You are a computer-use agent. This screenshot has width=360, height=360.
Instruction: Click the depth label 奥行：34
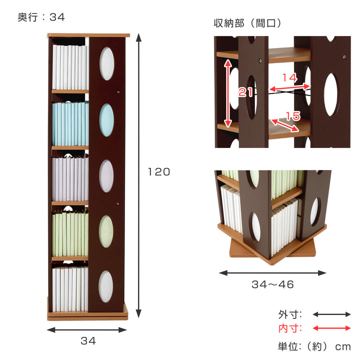point(41,17)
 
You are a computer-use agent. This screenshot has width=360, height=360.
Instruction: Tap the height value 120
point(159,172)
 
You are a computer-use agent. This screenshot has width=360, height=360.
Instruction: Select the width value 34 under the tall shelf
point(87,341)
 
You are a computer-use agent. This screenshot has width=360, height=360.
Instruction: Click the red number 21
point(245,92)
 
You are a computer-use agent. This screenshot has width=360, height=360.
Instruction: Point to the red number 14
point(289,77)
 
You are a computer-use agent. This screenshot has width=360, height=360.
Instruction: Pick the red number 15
point(292,116)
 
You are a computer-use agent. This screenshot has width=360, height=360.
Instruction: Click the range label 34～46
point(272,285)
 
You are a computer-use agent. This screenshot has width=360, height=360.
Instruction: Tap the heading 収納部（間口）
point(248,23)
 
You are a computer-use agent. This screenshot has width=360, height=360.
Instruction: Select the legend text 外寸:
point(290,314)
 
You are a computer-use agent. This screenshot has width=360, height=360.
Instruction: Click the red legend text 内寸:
point(290,328)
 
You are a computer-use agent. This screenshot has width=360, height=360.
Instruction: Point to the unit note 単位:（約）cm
point(314,346)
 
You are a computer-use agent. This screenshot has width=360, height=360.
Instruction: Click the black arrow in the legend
point(332,314)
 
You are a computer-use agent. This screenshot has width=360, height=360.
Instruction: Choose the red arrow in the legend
point(332,328)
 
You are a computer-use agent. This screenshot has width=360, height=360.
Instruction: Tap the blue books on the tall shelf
point(70,123)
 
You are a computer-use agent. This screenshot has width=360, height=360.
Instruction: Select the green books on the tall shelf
point(70,233)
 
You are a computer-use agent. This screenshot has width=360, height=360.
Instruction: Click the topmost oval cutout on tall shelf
point(106,63)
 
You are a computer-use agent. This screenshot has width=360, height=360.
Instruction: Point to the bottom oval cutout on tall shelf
point(105,286)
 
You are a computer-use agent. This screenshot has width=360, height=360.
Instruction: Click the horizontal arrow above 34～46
point(272,273)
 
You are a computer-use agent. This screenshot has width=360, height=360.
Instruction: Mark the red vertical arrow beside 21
point(227,92)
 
